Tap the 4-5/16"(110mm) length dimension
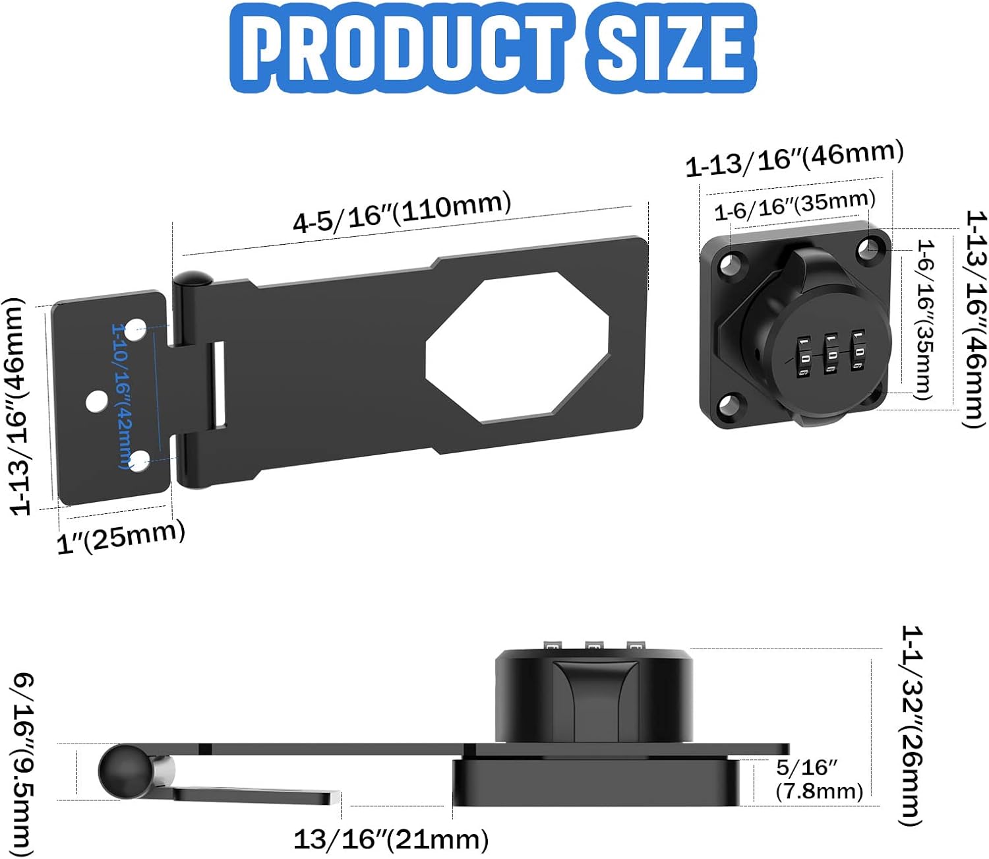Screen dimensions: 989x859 coord(402,211)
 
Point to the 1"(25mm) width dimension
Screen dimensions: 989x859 coord(121,536)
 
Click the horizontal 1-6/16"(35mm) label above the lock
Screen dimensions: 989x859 coord(794,205)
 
